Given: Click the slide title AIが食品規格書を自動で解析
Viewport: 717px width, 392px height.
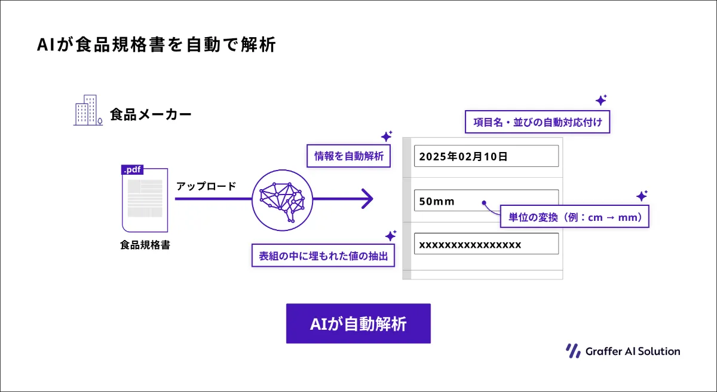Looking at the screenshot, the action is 156,44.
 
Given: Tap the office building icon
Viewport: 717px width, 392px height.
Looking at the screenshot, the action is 88,110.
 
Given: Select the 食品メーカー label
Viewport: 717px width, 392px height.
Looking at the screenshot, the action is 151,114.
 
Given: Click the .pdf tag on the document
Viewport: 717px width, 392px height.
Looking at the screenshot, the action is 132,169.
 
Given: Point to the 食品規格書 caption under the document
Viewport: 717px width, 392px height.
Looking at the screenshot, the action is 145,245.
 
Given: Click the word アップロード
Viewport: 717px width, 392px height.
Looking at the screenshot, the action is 206,186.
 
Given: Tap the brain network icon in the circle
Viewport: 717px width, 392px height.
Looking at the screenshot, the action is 282,201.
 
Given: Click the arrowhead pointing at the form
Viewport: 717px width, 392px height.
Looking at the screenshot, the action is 367,199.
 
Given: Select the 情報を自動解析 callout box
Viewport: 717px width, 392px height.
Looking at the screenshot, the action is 348,156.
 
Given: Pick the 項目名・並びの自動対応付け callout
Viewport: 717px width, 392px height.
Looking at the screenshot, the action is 537,122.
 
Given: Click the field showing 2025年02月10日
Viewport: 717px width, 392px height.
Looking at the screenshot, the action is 486,156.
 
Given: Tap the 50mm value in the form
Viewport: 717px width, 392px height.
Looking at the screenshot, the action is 437,201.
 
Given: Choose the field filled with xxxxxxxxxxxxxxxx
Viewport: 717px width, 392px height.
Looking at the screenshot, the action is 486,244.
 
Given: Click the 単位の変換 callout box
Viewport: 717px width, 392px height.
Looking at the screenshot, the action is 575,217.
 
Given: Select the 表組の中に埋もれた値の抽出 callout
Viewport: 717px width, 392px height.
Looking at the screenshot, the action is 323,256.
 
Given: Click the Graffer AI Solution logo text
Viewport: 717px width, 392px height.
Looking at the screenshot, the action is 633,351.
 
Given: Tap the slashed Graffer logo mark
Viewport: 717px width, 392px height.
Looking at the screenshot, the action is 573,351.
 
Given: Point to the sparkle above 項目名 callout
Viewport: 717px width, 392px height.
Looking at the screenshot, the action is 601,100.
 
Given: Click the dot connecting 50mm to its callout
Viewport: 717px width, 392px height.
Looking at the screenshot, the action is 484,202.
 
